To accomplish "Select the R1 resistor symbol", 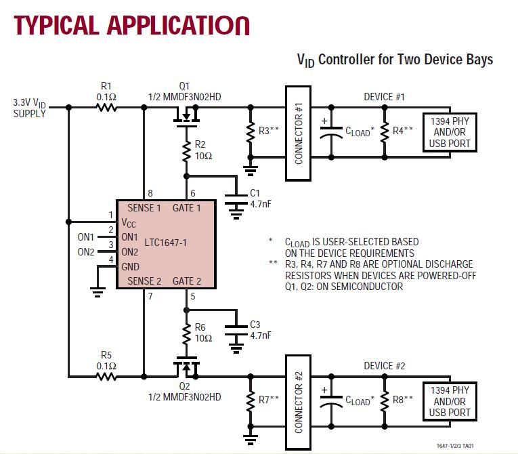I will pyautogui.click(x=106, y=107).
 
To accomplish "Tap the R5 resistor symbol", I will pyautogui.click(x=106, y=374).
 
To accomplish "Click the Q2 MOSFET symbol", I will pyautogui.click(x=186, y=366).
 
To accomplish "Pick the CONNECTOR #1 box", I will pyautogui.click(x=299, y=133).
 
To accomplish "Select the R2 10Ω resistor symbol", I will pyautogui.click(x=186, y=151).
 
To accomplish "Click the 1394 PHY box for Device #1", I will pyautogui.click(x=450, y=131).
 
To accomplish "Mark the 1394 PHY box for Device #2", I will pyautogui.click(x=450, y=401).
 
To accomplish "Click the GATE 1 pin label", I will pyautogui.click(x=188, y=208).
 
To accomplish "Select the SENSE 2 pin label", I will pyautogui.click(x=144, y=281).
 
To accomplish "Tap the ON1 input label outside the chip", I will pyautogui.click(x=86, y=237).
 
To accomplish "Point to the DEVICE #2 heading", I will pyautogui.click(x=384, y=367).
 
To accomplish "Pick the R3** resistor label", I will pyautogui.click(x=269, y=131).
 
